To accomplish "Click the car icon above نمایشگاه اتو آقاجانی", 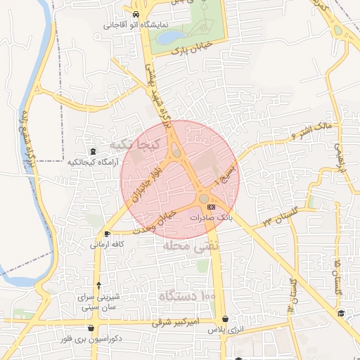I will (x=135, y=15).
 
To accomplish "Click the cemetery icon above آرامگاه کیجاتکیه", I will (x=93, y=151).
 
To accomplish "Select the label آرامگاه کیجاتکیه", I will (x=94, y=162).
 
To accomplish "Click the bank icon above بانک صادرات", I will (x=211, y=207).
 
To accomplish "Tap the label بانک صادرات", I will (x=211, y=218).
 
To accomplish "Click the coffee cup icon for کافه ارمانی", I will (x=107, y=233).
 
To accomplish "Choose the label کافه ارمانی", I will (x=107, y=245).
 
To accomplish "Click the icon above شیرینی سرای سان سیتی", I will (x=98, y=285).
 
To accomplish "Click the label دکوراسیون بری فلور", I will (x=93, y=338).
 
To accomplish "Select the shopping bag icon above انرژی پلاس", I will (x=224, y=319).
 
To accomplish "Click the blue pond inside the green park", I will (x=172, y=36).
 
